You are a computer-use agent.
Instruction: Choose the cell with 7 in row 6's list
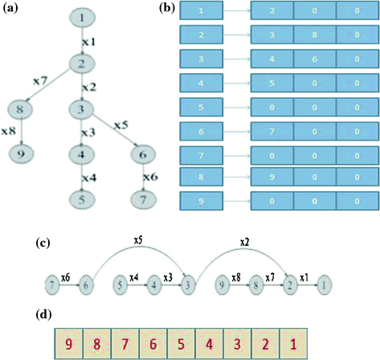[x=272, y=129]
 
